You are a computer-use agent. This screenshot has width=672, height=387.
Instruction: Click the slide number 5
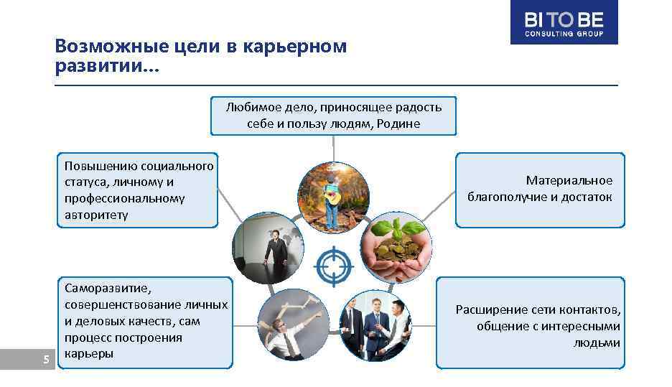pos(46,360)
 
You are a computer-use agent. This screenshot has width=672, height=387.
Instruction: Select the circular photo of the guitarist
pos(333,196)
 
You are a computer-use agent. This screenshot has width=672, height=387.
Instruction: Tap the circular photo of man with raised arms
pos(293,325)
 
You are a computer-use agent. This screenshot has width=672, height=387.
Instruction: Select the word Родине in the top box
pos(401,123)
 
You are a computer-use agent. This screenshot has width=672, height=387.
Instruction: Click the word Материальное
pos(569,180)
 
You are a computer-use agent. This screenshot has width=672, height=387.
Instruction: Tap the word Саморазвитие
pos(108,288)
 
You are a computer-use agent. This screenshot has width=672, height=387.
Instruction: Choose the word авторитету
pos(96,214)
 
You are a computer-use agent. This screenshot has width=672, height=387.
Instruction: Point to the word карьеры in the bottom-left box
pos(88,353)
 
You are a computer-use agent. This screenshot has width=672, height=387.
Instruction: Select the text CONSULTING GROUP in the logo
pos(564,34)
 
